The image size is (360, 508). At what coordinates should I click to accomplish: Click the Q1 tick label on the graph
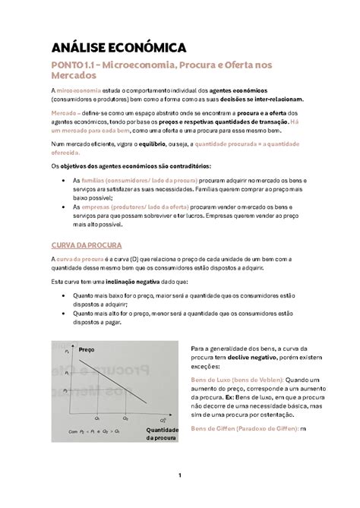[x=98, y=418]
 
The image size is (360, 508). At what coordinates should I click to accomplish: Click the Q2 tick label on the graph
[x=125, y=418]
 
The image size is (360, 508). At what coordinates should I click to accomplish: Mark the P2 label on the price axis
[x=66, y=389]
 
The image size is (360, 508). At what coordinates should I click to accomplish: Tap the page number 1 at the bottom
[x=180, y=475]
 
